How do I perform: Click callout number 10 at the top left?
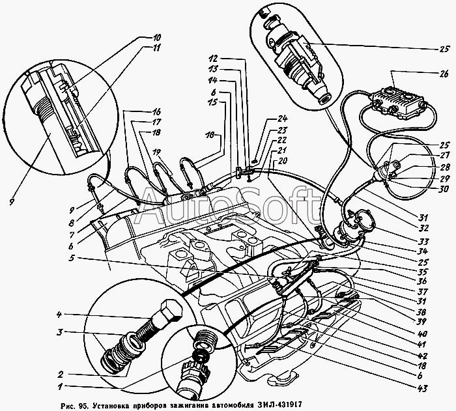pyautogui.click(x=156, y=38)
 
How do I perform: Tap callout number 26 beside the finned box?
pyautogui.click(x=444, y=74)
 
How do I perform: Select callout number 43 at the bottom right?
pyautogui.click(x=422, y=388)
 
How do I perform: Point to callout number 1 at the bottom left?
pyautogui.click(x=60, y=386)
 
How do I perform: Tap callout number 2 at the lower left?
pyautogui.click(x=60, y=373)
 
